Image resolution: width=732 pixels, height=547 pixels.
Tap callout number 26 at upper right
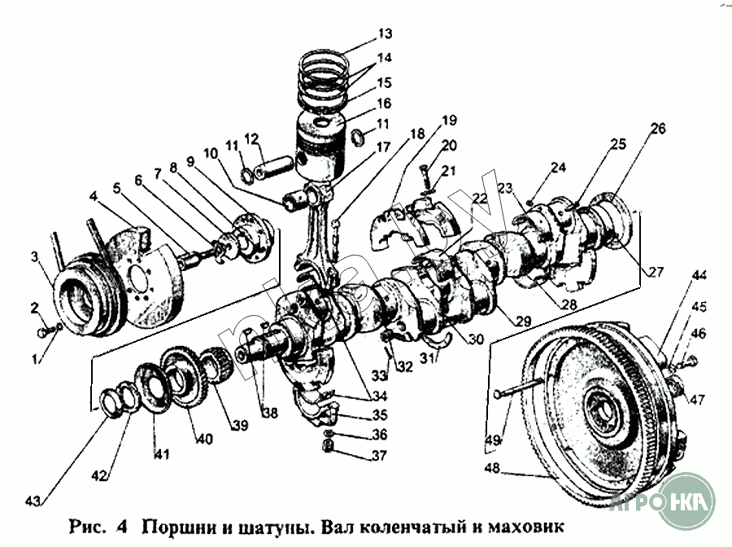pyautogui.click(x=658, y=129)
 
